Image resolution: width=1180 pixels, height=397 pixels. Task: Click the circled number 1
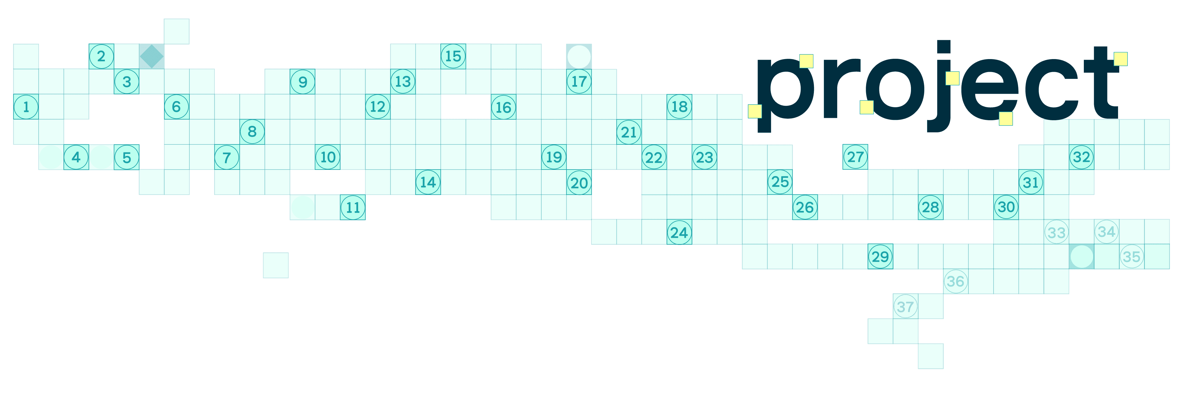[x=26, y=107]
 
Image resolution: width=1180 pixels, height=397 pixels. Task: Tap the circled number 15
[x=453, y=56]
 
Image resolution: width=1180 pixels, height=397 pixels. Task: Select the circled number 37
[x=905, y=306]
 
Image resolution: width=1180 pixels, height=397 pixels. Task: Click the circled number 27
[x=855, y=157]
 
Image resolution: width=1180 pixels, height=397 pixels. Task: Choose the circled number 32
[x=1081, y=157]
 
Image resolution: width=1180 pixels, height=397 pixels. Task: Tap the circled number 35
[x=1131, y=257]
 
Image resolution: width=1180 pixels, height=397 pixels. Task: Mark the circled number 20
[x=579, y=183]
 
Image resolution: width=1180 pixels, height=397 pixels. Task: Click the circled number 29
[x=880, y=257]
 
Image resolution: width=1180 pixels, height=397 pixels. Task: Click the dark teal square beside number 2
[x=152, y=56]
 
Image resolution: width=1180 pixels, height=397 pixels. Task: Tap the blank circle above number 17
[x=579, y=57]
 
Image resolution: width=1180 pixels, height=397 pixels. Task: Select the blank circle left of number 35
[x=1081, y=257]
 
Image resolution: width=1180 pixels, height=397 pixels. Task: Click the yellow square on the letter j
[x=952, y=78]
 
